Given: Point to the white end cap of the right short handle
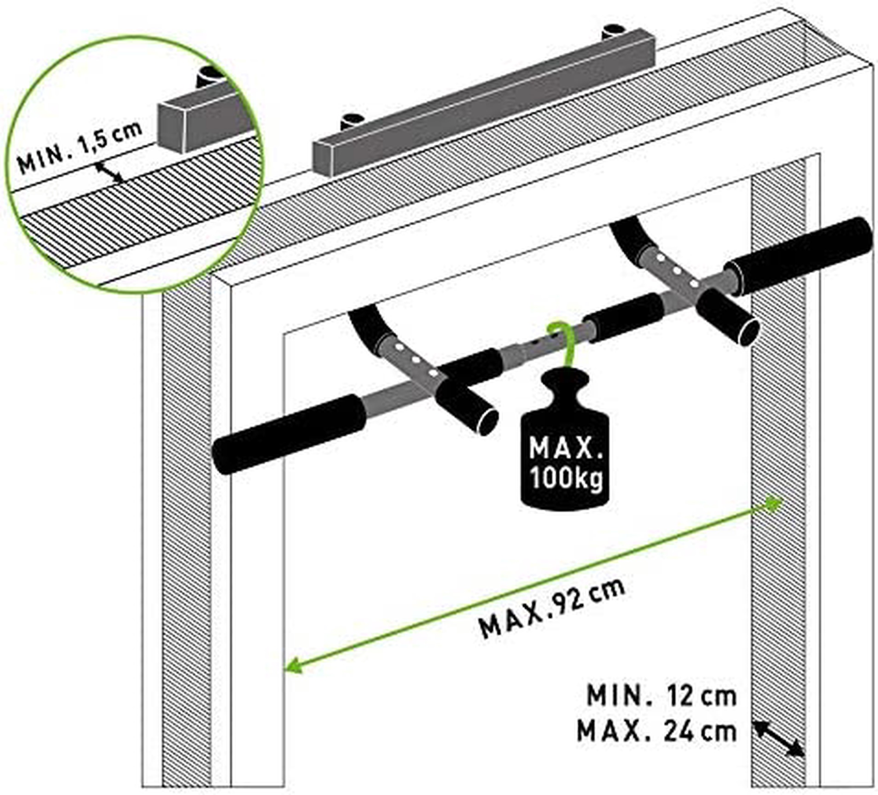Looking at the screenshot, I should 748,332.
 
